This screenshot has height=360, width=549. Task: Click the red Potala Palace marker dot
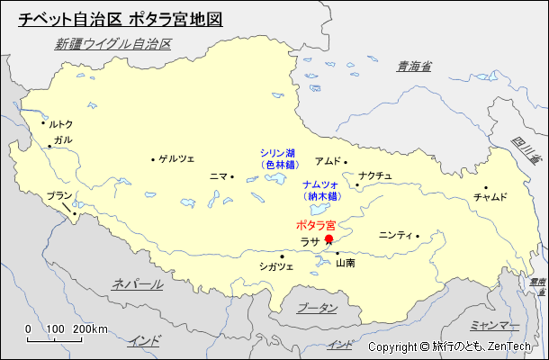pos(328,239)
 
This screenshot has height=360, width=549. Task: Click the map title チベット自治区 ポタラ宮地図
pos(120,19)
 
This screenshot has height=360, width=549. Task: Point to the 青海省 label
pos(414,66)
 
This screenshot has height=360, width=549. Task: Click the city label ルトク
pos(60,124)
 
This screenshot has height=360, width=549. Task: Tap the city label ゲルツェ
pos(176,159)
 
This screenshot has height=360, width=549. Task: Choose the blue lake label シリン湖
pos(278,153)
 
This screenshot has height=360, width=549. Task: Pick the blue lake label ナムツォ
pos(320,184)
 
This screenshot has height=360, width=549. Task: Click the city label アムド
pos(328,161)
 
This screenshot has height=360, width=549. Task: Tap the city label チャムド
pos(490,196)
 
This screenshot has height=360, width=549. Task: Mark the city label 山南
pos(345,264)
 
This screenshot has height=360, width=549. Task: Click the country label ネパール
pos(138,284)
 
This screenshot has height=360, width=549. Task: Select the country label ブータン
pos(317,308)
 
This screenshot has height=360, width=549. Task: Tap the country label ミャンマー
pos(495,324)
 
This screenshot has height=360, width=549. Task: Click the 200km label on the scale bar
pos(90,328)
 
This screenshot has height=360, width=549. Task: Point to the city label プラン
pos(58,195)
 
